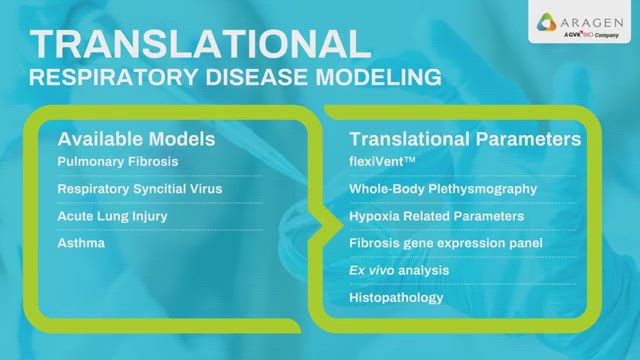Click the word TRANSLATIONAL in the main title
coord(195,43)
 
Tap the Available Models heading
coord(135,139)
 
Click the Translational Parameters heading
coord(465,139)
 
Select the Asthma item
coord(80,243)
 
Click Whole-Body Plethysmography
coord(443,188)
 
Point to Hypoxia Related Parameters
coord(435,215)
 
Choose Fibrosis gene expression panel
coord(445,243)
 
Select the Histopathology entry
coord(395,297)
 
